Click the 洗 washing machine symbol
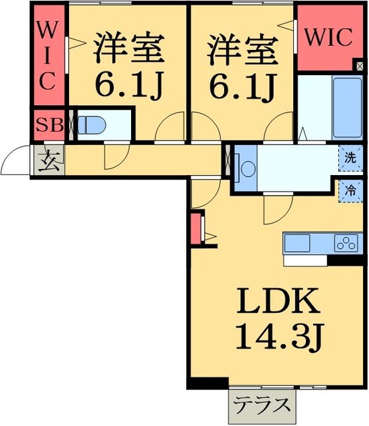(x=350, y=159)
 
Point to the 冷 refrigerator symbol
(x=350, y=190)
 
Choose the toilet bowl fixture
(x=90, y=124)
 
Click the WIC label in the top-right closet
(x=328, y=38)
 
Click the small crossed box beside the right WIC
(x=360, y=67)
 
